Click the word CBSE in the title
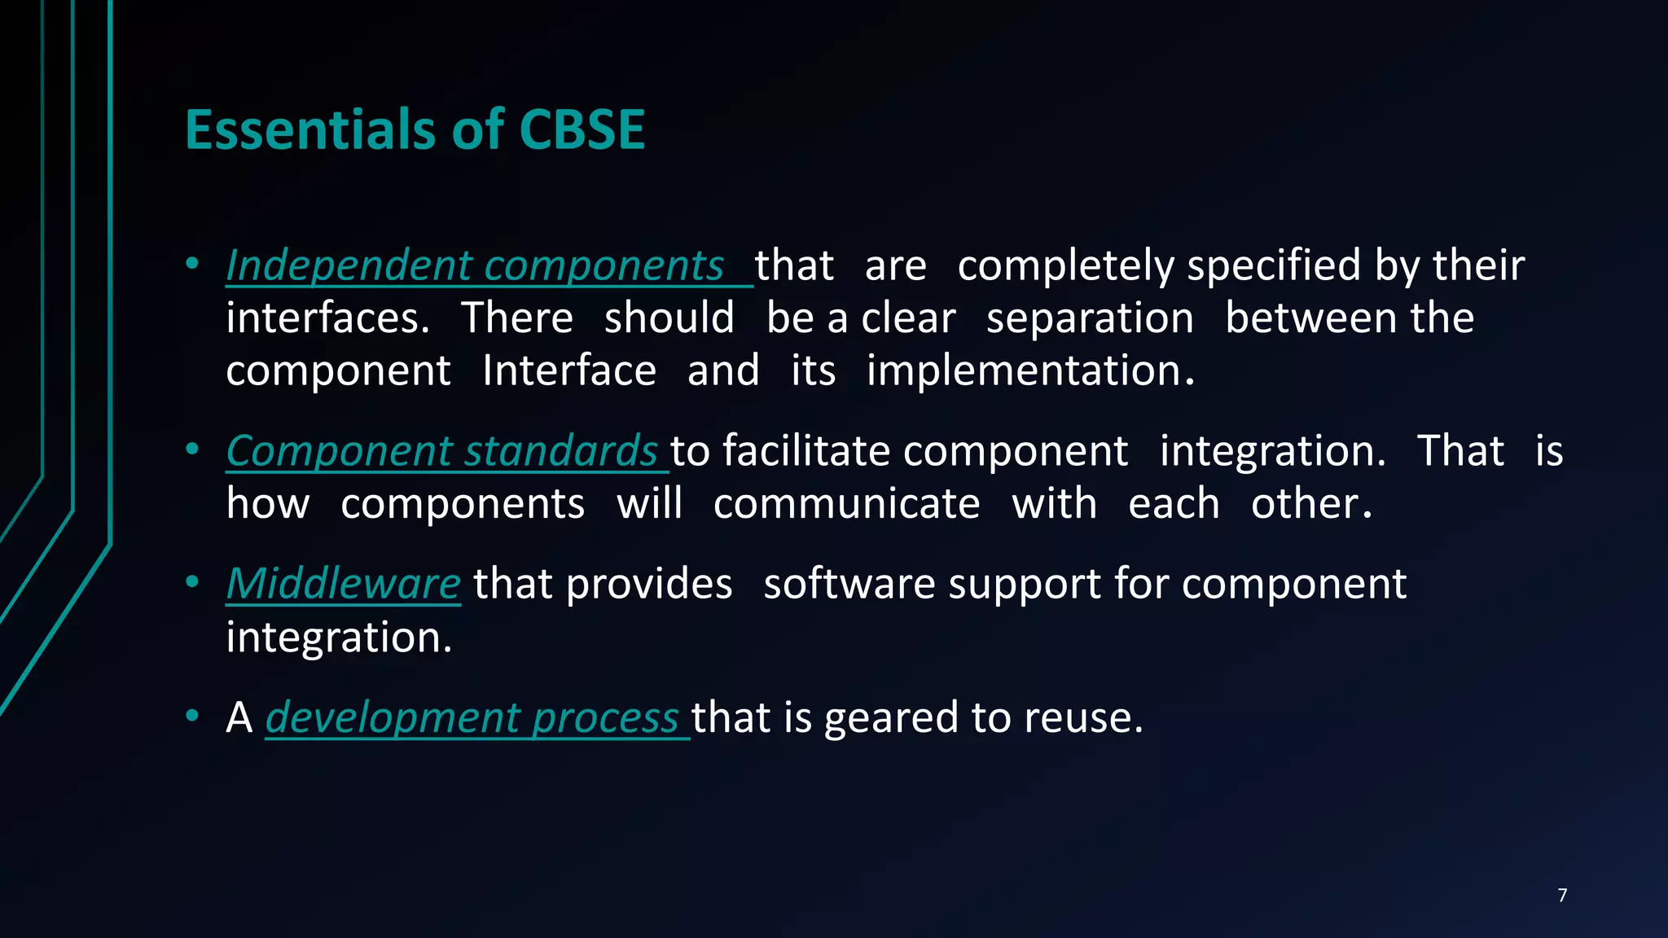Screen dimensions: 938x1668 pyautogui.click(x=582, y=130)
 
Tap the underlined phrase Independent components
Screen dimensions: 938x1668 pyautogui.click(x=475, y=266)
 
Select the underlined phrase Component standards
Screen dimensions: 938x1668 pyautogui.click(x=441, y=451)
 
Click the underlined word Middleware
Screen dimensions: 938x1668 pyautogui.click(x=343, y=585)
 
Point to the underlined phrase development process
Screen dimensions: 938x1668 pyautogui.click(x=472, y=718)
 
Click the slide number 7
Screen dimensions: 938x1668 pyautogui.click(x=1562, y=896)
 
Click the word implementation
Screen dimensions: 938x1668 pyautogui.click(x=1029, y=371)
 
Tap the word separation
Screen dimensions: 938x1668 pyautogui.click(x=1090, y=318)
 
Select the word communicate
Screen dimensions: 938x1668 pyautogui.click(x=846, y=504)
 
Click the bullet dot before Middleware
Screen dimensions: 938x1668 pyautogui.click(x=192, y=582)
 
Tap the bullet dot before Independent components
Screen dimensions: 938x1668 pyautogui.click(x=192, y=264)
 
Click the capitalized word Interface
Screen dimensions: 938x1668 pyautogui.click(x=568, y=371)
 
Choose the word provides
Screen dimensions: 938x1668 pyautogui.click(x=648, y=585)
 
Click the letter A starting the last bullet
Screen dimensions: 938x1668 pyautogui.click(x=239, y=718)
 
